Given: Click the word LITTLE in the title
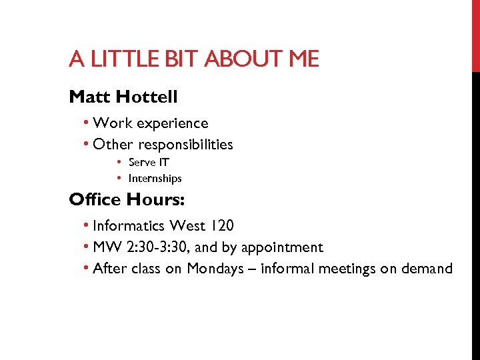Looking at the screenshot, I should click(118, 60).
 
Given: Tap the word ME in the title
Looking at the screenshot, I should click(303, 60).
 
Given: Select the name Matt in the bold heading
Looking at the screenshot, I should click(89, 97).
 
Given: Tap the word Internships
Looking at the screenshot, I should click(155, 179).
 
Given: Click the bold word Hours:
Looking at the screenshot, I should click(153, 199).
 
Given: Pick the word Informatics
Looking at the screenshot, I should click(130, 227).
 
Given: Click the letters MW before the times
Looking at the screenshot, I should click(104, 247).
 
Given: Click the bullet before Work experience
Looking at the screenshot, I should click(87, 124).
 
